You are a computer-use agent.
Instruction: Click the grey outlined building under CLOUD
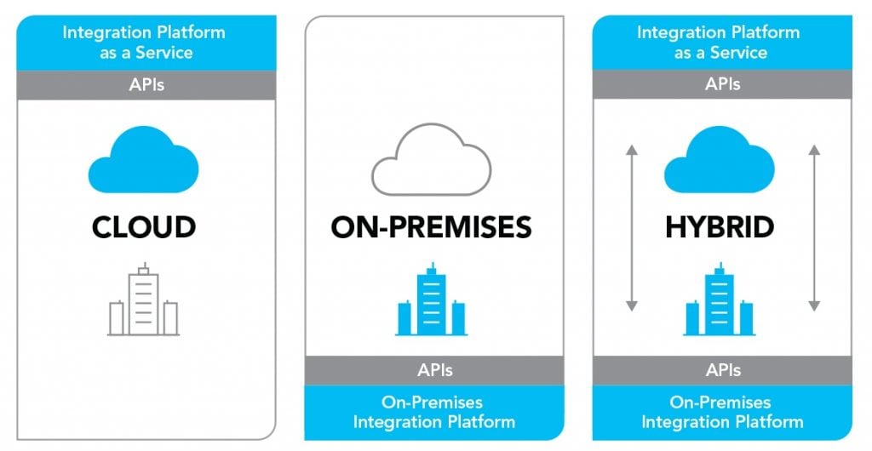pyautogui.click(x=143, y=300)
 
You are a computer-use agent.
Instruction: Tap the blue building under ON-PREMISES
pyautogui.click(x=432, y=300)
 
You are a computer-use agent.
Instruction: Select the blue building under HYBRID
pyautogui.click(x=720, y=300)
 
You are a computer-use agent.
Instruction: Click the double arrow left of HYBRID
pyautogui.click(x=631, y=228)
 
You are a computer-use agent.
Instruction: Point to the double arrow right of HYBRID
pyautogui.click(x=814, y=228)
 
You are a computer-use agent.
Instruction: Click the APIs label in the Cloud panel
pyautogui.click(x=146, y=85)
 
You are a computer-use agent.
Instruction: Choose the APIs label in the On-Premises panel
pyautogui.click(x=435, y=370)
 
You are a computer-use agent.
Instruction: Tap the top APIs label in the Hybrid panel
pyautogui.click(x=722, y=84)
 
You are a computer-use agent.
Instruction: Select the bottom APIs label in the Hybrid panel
pyautogui.click(x=723, y=370)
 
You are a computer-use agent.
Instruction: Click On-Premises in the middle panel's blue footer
pyautogui.click(x=432, y=402)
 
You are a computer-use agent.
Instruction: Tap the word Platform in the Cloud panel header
pyautogui.click(x=192, y=32)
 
